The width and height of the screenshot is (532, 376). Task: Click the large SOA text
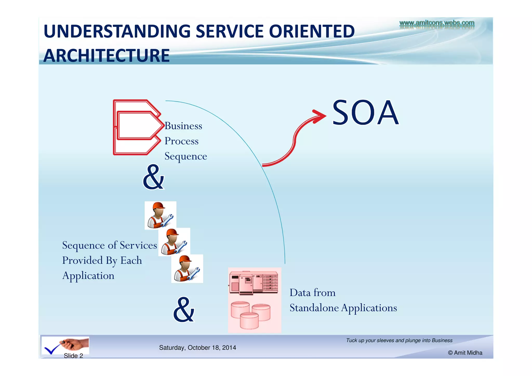click(365, 113)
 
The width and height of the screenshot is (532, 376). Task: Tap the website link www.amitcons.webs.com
click(437, 23)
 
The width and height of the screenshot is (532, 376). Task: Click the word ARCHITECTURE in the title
click(107, 56)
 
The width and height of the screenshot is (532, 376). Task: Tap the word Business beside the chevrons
click(183, 126)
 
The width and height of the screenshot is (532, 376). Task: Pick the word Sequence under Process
click(186, 156)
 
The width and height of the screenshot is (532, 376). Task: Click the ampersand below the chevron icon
click(154, 177)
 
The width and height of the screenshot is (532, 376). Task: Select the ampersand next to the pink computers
click(184, 310)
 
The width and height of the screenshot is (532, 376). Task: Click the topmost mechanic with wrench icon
click(160, 215)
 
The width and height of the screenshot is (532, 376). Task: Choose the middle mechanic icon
click(174, 242)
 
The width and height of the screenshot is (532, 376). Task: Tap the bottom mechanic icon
click(187, 268)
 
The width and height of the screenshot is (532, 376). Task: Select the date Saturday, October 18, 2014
click(197, 348)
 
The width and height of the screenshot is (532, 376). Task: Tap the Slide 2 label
click(73, 356)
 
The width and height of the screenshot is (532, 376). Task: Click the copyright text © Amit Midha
click(465, 353)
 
